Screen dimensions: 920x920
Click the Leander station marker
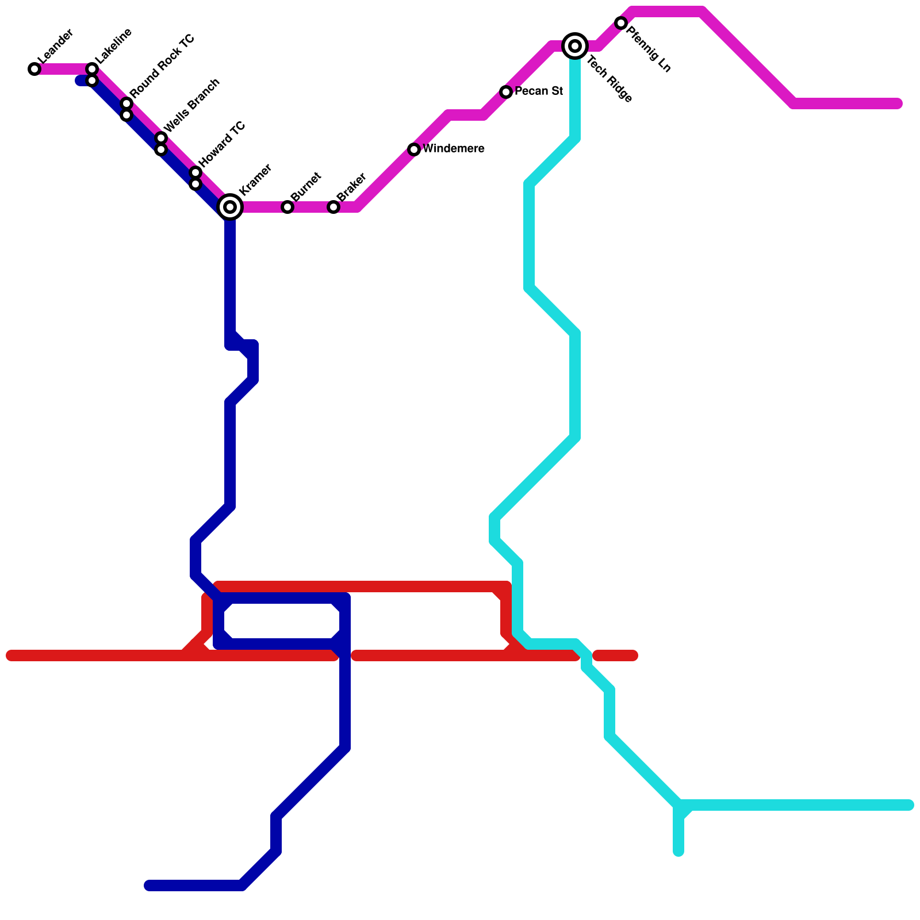click(x=34, y=69)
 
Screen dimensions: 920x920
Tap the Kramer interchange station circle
click(x=230, y=207)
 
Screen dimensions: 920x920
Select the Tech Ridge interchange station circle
click(x=575, y=46)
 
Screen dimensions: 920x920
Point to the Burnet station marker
click(x=287, y=207)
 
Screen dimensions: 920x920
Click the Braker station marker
click(x=333, y=207)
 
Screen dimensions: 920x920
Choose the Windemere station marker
click(x=414, y=149)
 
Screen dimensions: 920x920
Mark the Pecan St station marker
click(x=506, y=92)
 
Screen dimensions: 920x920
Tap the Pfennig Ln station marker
click(x=621, y=23)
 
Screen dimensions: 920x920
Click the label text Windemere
click(x=453, y=149)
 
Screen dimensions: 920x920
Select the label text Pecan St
click(x=538, y=91)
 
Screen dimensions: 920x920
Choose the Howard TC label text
click(x=222, y=144)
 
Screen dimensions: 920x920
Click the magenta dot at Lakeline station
click(x=92, y=69)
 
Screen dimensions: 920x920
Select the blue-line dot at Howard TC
click(x=195, y=184)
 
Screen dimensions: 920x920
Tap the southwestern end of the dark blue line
click(x=149, y=885)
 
